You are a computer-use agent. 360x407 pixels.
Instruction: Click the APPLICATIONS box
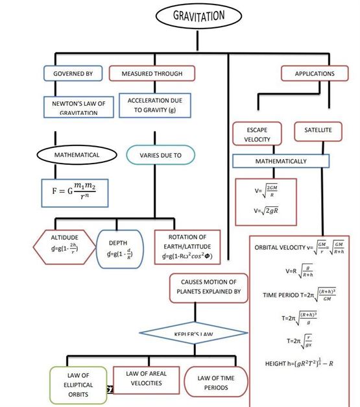tap(315, 73)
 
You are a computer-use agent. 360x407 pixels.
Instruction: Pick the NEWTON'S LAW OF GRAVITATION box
tap(73, 106)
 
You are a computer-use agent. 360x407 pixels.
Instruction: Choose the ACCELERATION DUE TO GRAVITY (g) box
tap(150, 106)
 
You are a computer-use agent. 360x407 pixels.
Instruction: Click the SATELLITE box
tap(318, 130)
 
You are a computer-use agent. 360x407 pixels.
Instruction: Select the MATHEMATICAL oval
tap(77, 155)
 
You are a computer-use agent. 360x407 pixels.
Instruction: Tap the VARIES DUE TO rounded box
tap(160, 156)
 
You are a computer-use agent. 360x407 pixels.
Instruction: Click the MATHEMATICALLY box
tap(279, 160)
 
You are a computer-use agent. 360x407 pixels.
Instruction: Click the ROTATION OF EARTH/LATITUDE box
tap(187, 247)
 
